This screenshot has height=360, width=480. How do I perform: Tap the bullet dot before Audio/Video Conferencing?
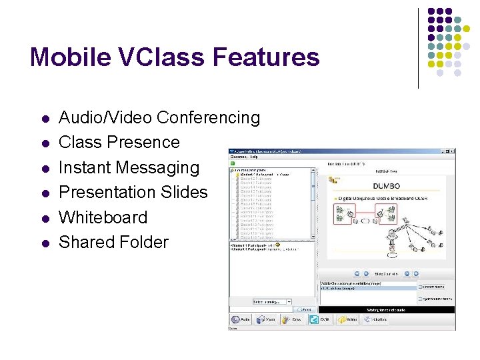pyautogui.click(x=45, y=119)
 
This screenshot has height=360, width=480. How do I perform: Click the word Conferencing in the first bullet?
pyautogui.click(x=208, y=118)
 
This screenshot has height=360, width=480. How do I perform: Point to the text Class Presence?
pyautogui.click(x=119, y=143)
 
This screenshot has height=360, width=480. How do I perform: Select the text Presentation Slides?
pyautogui.click(x=133, y=193)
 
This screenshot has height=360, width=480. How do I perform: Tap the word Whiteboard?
pyautogui.click(x=103, y=217)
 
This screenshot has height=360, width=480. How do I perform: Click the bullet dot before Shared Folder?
pyautogui.click(x=45, y=243)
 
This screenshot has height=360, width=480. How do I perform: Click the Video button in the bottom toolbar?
pyautogui.click(x=266, y=319)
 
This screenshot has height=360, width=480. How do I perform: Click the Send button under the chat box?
pyautogui.click(x=305, y=310)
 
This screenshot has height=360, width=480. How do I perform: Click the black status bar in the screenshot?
pyautogui.click(x=387, y=310)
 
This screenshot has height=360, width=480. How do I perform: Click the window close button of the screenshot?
pyautogui.click(x=452, y=153)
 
